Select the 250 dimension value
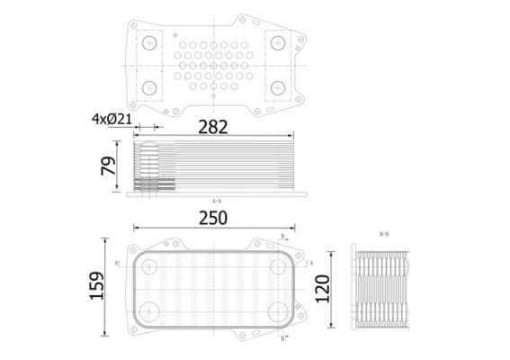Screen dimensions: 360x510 pyautogui.click(x=212, y=218)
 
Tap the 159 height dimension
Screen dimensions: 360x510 pyautogui.click(x=97, y=286)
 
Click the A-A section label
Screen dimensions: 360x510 pyautogui.click(x=216, y=201)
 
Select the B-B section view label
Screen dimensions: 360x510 pyautogui.click(x=384, y=234)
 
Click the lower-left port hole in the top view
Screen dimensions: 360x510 pyautogui.click(x=149, y=87)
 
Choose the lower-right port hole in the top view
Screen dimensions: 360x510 pyautogui.click(x=277, y=87)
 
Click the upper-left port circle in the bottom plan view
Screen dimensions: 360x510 pyautogui.click(x=149, y=267)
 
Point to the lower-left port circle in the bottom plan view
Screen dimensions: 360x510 pyautogui.click(x=149, y=311)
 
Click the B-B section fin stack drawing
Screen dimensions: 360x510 pyautogui.click(x=382, y=287)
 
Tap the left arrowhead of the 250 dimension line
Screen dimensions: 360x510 pyautogui.click(x=135, y=229)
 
